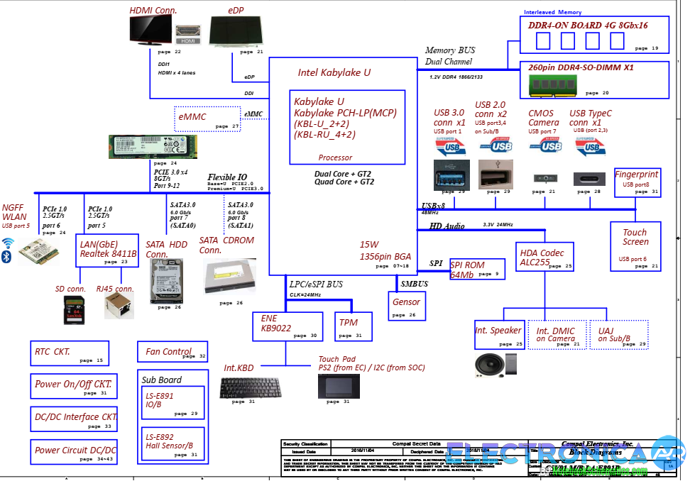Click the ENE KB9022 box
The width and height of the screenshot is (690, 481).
point(287,326)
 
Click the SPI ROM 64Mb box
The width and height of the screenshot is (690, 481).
point(477,270)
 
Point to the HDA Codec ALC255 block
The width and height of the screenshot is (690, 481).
point(545,257)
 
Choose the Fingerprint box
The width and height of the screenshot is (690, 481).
point(637,182)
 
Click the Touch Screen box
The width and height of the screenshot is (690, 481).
point(635,246)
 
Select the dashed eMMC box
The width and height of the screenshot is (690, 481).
point(208,118)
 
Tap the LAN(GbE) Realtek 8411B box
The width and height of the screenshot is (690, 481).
point(108,251)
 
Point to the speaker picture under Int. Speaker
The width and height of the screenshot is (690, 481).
point(491,365)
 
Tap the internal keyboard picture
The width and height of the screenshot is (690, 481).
point(241,387)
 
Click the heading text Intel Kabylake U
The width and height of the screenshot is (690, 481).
point(334,72)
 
